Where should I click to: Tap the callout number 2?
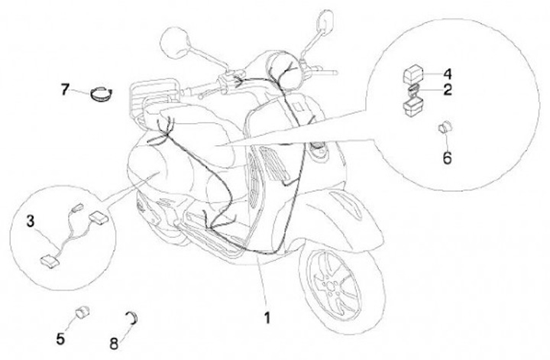tap(447, 90)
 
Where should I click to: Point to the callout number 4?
tap(447, 74)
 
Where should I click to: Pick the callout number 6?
tap(448, 158)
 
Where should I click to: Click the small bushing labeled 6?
tap(442, 129)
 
